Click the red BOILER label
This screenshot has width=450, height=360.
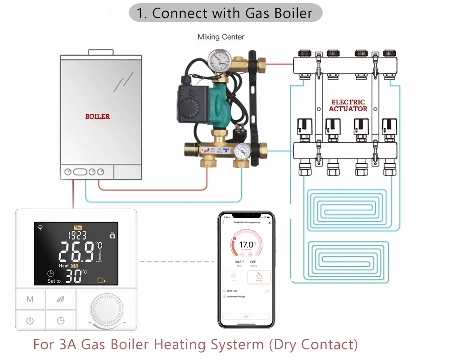pyautogui.click(x=98, y=116)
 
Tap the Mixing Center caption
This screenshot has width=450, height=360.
pyautogui.click(x=221, y=37)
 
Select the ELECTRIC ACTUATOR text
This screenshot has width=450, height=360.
pyautogui.click(x=348, y=105)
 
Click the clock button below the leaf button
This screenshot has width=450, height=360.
pyautogui.click(x=60, y=321)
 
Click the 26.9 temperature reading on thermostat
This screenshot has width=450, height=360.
pyautogui.click(x=76, y=252)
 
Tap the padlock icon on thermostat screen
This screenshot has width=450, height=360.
pyautogui.click(x=112, y=235)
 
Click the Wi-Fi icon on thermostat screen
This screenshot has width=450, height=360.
pyautogui.click(x=40, y=228)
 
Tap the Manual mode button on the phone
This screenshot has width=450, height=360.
pyautogui.click(x=259, y=277)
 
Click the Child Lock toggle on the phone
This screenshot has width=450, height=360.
pyautogui.click(x=267, y=291)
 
